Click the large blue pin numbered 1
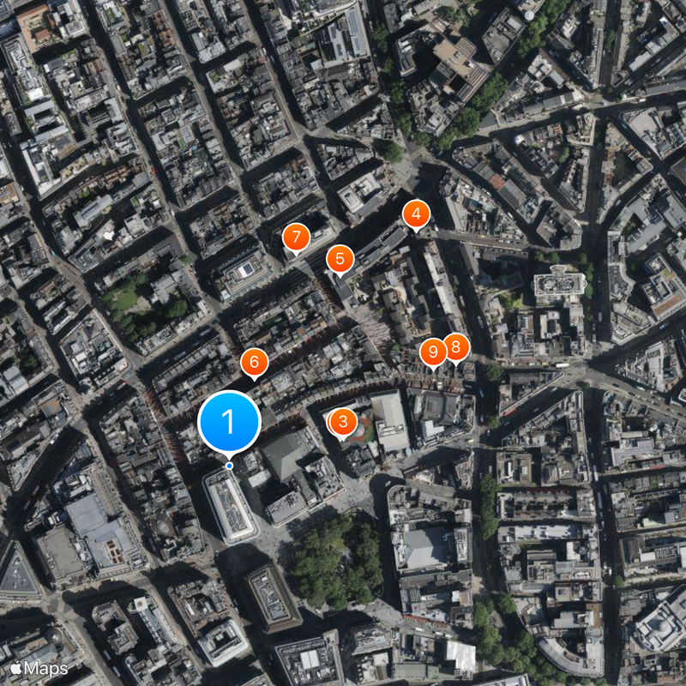pyautogui.click(x=229, y=421)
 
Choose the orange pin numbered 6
pyautogui.click(x=254, y=363)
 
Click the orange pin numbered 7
pyautogui.click(x=296, y=238)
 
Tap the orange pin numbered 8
pyautogui.click(x=455, y=347)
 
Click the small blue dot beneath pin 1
pyautogui.click(x=229, y=466)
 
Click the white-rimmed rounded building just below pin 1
pyautogui.click(x=230, y=506)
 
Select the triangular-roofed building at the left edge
pyautogui.click(x=17, y=570)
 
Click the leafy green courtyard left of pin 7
pyautogui.click(x=141, y=300)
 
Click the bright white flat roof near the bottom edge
pyautogui.click(x=460, y=656)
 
